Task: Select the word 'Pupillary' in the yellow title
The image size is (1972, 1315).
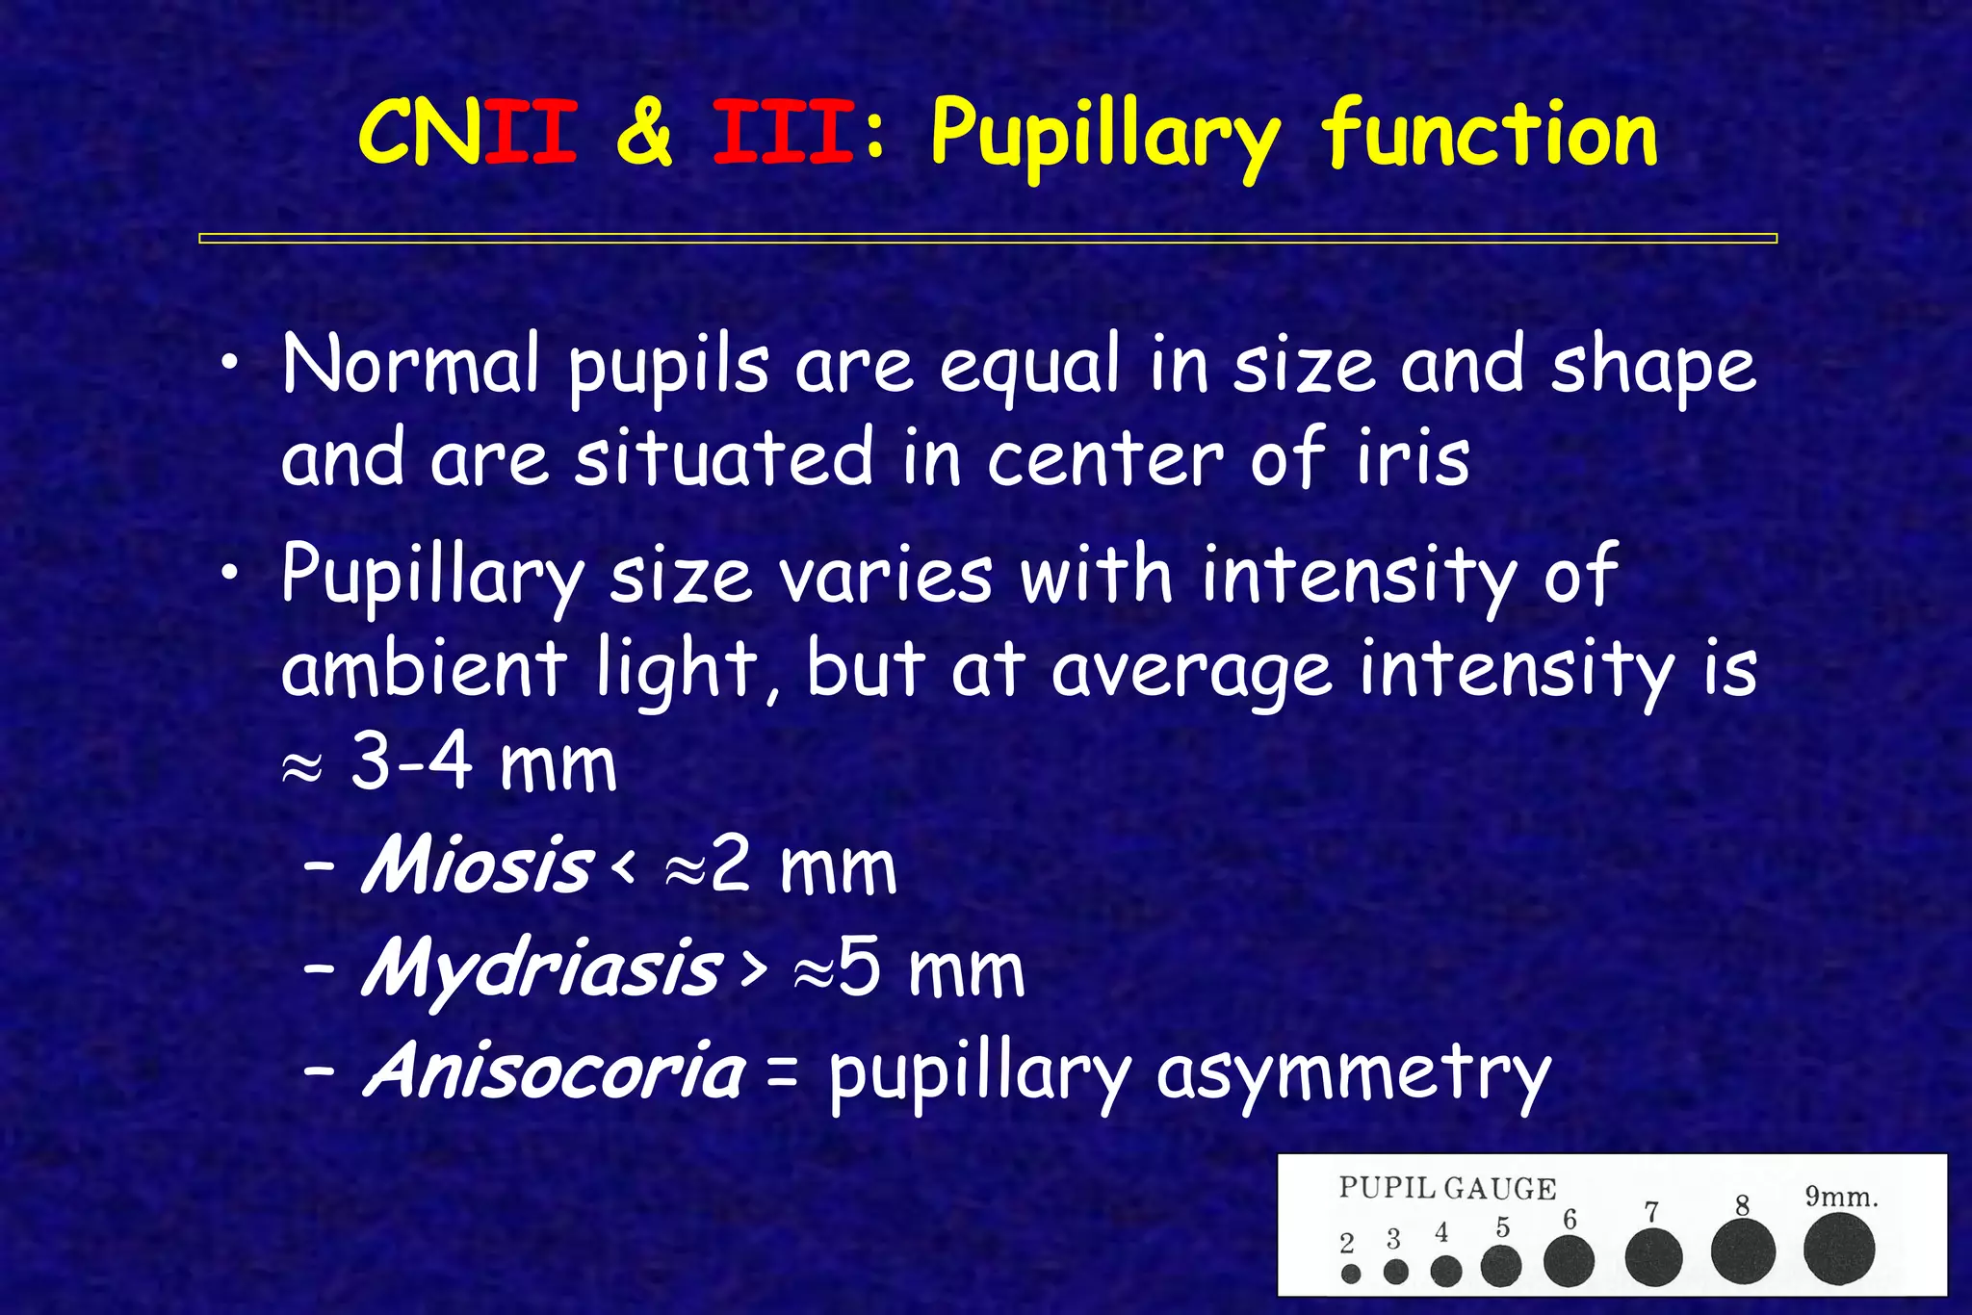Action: tap(1105, 137)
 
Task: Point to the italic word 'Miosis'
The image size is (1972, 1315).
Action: tap(476, 864)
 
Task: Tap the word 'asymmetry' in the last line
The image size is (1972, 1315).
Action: tap(1353, 1075)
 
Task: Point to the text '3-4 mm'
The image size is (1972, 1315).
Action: tap(481, 763)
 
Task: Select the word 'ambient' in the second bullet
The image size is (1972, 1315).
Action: tap(422, 668)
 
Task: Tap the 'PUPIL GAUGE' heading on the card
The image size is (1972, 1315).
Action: tap(1446, 1189)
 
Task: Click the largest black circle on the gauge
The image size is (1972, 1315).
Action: tap(1838, 1249)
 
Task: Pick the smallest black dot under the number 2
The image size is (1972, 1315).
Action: tap(1350, 1274)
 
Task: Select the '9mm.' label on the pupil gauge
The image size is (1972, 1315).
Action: tap(1840, 1198)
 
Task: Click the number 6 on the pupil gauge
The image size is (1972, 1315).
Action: tap(1569, 1220)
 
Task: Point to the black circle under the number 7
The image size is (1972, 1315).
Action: tap(1653, 1257)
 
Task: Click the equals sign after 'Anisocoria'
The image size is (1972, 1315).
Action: tap(782, 1074)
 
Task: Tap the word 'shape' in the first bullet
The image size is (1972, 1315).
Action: tap(1652, 366)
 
